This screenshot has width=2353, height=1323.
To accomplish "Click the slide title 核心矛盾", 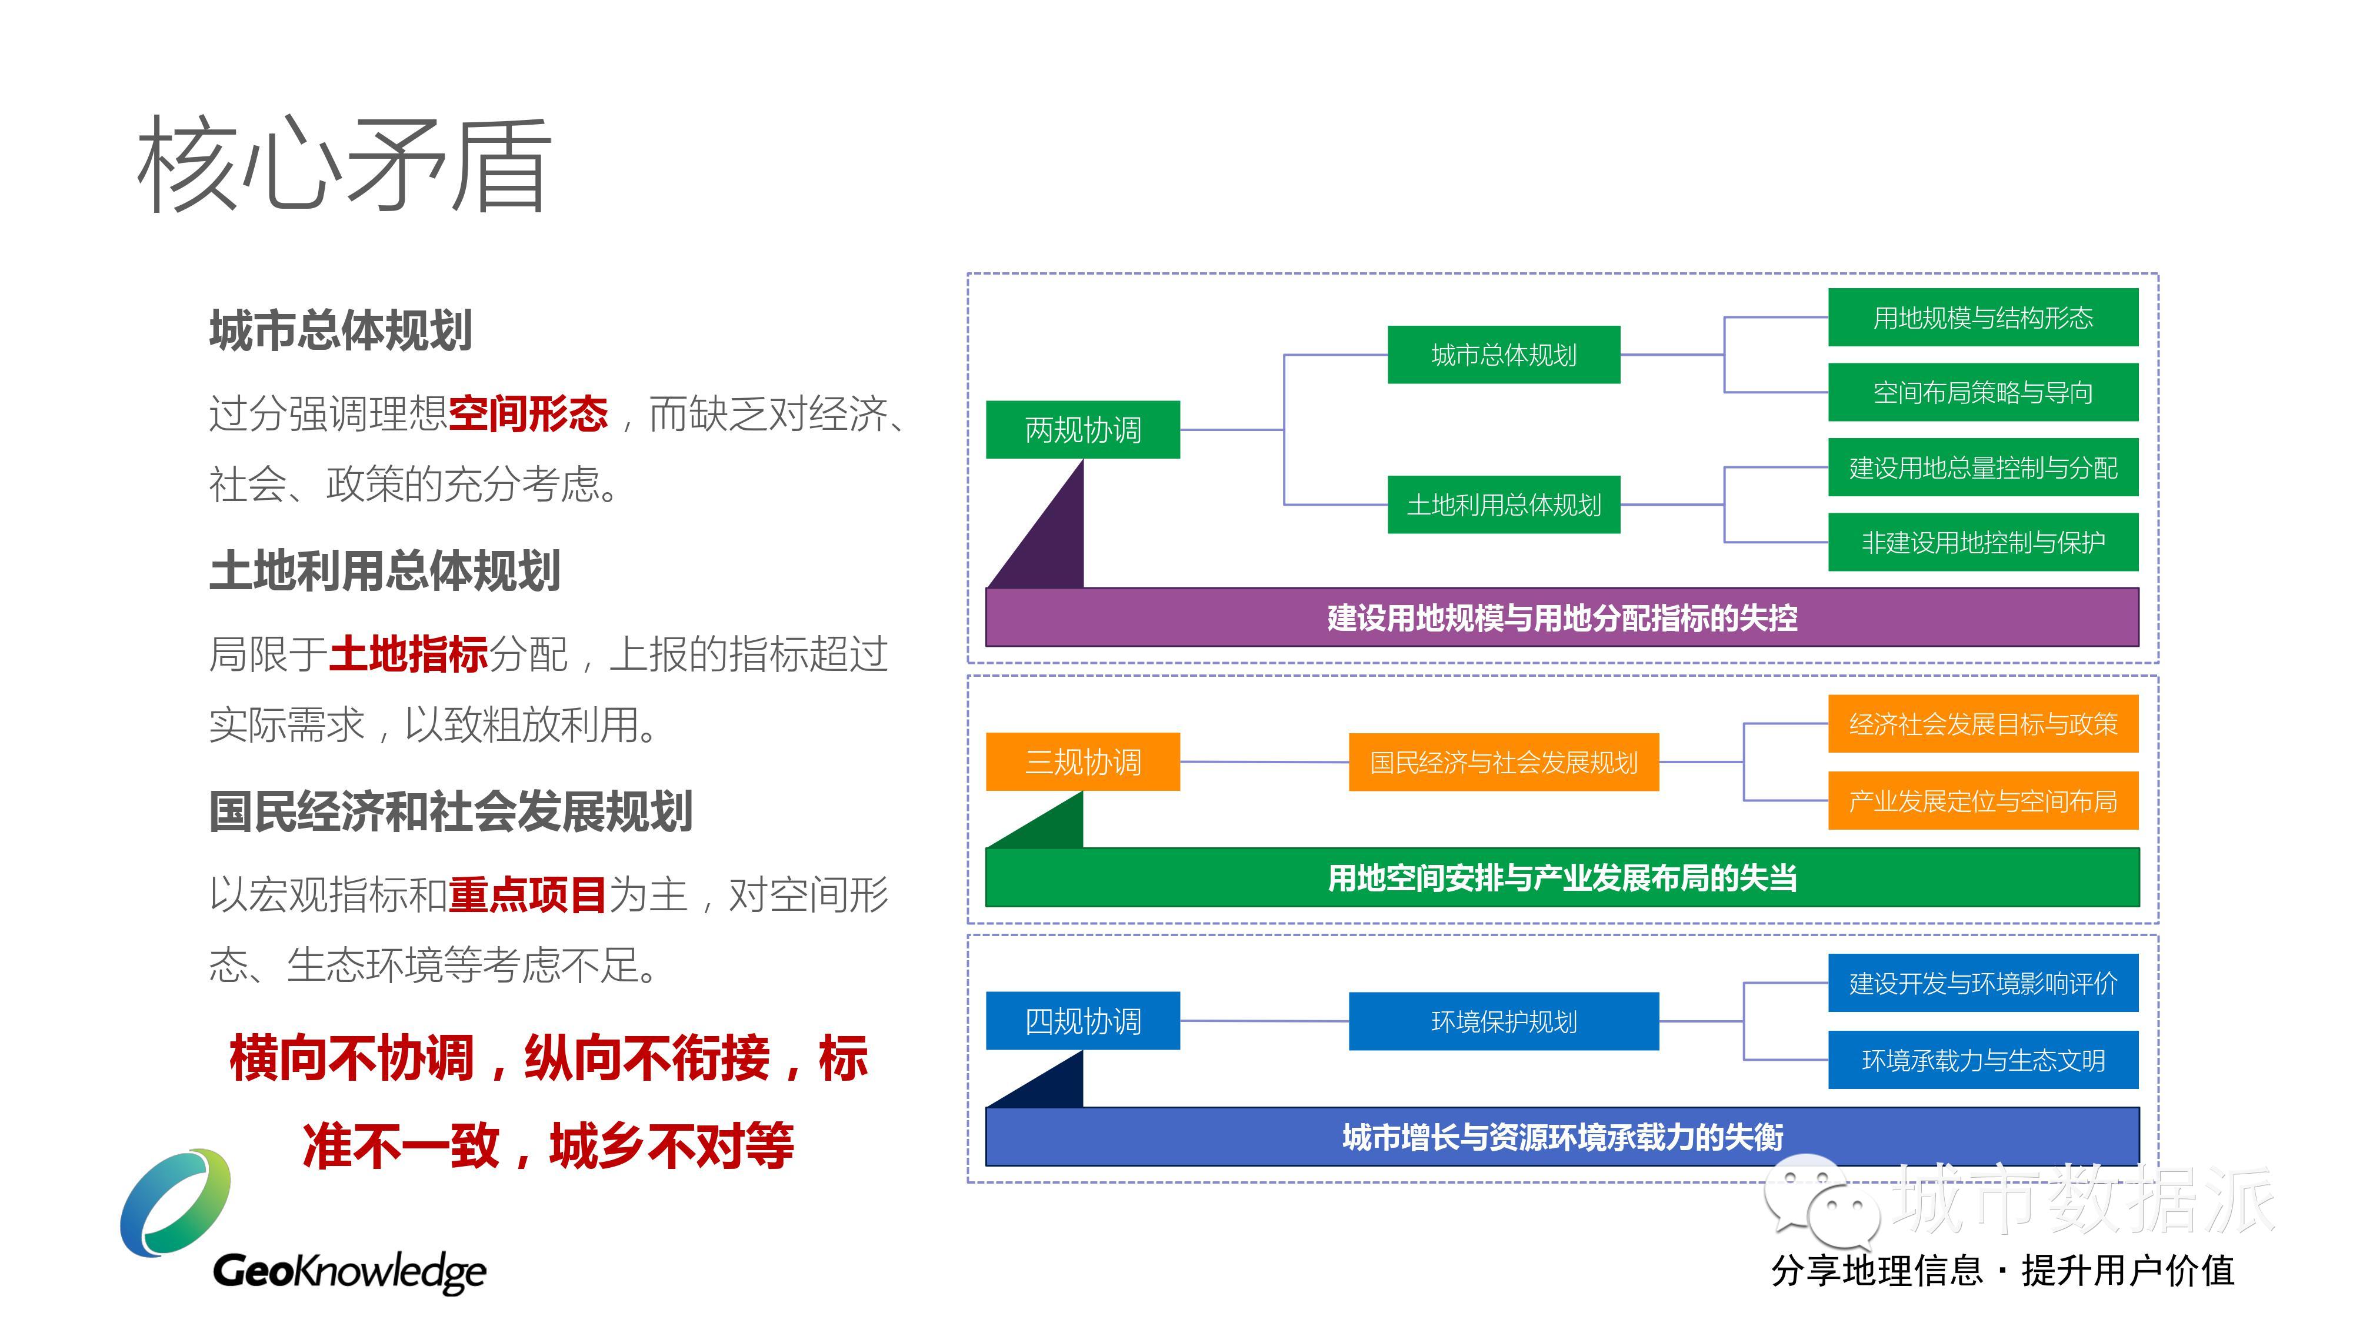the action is pos(344,165).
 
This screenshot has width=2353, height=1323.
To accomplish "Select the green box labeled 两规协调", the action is pos(1082,429).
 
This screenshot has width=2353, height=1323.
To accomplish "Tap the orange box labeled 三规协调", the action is pos(1082,761).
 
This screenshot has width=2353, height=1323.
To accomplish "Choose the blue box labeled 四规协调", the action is pos(1082,1021).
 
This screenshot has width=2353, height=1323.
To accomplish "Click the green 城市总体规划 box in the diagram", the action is pos(1504,354).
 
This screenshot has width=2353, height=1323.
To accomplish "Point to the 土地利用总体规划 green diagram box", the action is pos(1504,504).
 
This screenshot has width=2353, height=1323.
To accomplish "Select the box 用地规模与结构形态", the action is pos(1983,317).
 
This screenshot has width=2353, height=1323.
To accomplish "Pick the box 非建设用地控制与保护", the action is pos(1983,542).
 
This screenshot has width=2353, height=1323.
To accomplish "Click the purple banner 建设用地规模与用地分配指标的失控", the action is pos(1562,617).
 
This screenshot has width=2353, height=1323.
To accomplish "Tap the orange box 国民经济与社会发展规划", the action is pos(1504,761).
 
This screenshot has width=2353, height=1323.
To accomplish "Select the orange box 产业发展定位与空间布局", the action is pos(1983,801).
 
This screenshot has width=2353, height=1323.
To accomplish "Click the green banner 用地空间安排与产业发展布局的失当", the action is pos(1562,877).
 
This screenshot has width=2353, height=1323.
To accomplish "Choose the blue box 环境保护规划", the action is pos(1504,1021).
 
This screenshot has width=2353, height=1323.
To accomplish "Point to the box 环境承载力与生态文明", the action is pos(1983,1060).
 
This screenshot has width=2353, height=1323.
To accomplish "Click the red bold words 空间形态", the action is pos(528,413).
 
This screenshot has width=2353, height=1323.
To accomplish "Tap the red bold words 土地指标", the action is pos(408,654).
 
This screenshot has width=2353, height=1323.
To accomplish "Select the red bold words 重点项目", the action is pos(528,894).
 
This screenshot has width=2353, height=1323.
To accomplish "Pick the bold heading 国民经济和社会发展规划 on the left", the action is pos(451,811).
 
